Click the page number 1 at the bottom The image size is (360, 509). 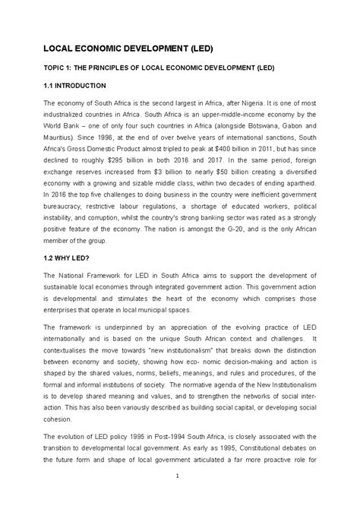tap(176, 476)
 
